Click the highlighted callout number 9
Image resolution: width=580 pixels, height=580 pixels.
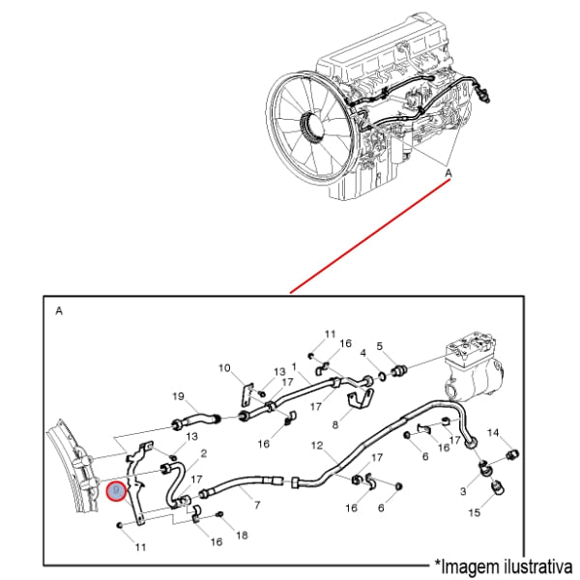pyautogui.click(x=116, y=490)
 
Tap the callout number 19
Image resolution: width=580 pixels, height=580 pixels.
pyautogui.click(x=178, y=396)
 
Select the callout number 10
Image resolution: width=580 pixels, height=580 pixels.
pyautogui.click(x=224, y=367)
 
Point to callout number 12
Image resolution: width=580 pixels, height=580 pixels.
pyautogui.click(x=316, y=446)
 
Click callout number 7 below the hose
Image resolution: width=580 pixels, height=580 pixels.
pyautogui.click(x=257, y=505)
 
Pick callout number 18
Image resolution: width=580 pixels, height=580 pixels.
pyautogui.click(x=242, y=535)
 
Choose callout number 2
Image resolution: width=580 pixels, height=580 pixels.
pyautogui.click(x=203, y=452)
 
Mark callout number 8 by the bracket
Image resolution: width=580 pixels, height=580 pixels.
pyautogui.click(x=334, y=423)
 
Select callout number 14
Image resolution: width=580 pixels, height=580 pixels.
pyautogui.click(x=492, y=432)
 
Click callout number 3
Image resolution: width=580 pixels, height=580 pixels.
pyautogui.click(x=462, y=491)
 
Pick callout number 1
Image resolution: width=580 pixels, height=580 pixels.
pyautogui.click(x=293, y=367)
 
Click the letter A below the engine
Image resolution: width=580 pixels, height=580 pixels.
pyautogui.click(x=448, y=173)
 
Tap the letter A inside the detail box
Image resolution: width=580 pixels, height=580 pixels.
pyautogui.click(x=59, y=311)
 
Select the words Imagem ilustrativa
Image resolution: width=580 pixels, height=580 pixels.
pyautogui.click(x=505, y=564)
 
